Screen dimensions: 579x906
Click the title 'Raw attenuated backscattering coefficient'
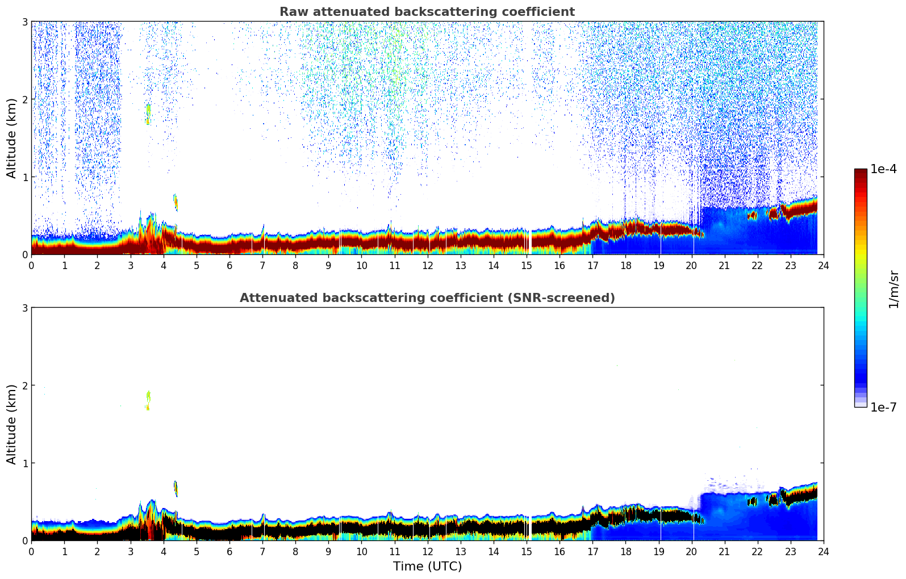pyautogui.click(x=427, y=12)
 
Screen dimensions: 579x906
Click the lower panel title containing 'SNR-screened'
pyautogui.click(x=427, y=298)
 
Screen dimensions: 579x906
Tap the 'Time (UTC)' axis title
pyautogui.click(x=427, y=567)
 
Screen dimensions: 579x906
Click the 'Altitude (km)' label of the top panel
pyautogui.click(x=12, y=138)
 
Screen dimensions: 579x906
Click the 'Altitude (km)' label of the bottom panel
pyautogui.click(x=12, y=424)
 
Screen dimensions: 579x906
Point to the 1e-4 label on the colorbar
pyautogui.click(x=883, y=169)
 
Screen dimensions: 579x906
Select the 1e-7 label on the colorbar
pyautogui.click(x=883, y=407)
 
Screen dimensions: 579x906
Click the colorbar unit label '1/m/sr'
pyautogui.click(x=894, y=289)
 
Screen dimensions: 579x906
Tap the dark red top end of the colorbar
pyautogui.click(x=861, y=172)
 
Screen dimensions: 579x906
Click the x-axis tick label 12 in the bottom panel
pyautogui.click(x=427, y=551)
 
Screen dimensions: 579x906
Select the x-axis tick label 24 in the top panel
pyautogui.click(x=823, y=265)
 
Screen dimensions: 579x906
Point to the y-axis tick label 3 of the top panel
pyautogui.click(x=25, y=22)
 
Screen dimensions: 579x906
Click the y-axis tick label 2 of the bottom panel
pyautogui.click(x=25, y=385)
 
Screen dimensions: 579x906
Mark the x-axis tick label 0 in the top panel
pyautogui.click(x=31, y=265)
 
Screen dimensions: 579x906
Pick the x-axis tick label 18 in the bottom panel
pyautogui.click(x=625, y=551)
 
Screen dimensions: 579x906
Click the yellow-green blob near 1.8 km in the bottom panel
pyautogui.click(x=148, y=396)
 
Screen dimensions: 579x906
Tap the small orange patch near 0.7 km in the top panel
pyautogui.click(x=176, y=202)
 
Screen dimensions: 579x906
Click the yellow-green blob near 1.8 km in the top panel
pyautogui.click(x=148, y=110)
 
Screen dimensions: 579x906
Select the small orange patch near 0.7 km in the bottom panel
pyautogui.click(x=176, y=488)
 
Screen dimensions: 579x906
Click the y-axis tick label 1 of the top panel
pyautogui.click(x=25, y=177)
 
